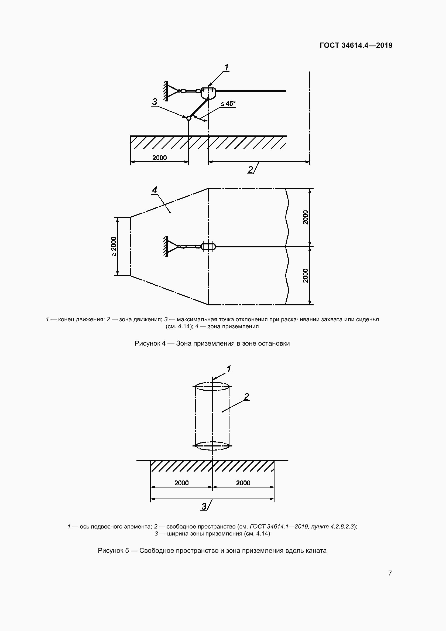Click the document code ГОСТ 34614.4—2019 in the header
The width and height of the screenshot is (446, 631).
point(356,45)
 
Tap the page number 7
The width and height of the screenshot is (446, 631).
point(390,573)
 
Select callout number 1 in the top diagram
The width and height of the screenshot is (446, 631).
point(227,67)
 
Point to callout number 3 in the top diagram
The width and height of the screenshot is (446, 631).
point(155,102)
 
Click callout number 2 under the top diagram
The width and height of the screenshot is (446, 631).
point(250,170)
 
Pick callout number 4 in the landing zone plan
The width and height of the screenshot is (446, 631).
point(155,190)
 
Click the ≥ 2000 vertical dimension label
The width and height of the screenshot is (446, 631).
point(114,246)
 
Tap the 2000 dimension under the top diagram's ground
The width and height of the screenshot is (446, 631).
point(160,158)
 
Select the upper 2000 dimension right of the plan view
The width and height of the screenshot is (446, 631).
point(306,217)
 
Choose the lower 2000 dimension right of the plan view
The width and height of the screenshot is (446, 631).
point(306,276)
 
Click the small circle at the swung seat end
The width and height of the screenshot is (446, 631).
point(188,118)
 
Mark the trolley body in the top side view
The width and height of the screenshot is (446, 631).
point(208,93)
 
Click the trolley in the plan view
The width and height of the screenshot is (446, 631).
point(208,246)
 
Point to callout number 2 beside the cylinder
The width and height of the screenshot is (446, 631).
point(246,397)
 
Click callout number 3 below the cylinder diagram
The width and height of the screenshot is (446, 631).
point(204,506)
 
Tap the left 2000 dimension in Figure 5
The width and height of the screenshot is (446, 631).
point(181,483)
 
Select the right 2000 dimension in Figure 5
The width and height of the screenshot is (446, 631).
point(243,483)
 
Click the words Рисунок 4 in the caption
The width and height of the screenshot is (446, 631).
point(150,343)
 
